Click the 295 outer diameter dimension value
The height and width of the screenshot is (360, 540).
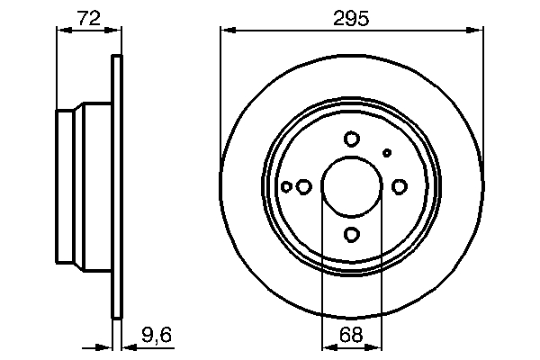352,17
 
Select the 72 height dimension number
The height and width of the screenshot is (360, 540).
88,17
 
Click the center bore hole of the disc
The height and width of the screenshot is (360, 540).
352,186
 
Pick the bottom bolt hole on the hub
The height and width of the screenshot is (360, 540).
352,235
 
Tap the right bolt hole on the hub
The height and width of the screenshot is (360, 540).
400,186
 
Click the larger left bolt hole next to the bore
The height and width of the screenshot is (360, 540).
304,186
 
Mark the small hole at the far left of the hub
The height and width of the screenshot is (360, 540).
286,186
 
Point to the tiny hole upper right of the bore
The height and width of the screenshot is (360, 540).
387,152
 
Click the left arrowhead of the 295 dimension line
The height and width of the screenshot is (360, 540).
227,31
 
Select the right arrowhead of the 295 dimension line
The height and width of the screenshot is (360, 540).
478,31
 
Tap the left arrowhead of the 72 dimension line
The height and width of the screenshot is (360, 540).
62,31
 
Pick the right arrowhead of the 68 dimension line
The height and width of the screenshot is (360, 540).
377,346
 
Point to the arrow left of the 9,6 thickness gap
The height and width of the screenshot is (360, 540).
103,346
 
